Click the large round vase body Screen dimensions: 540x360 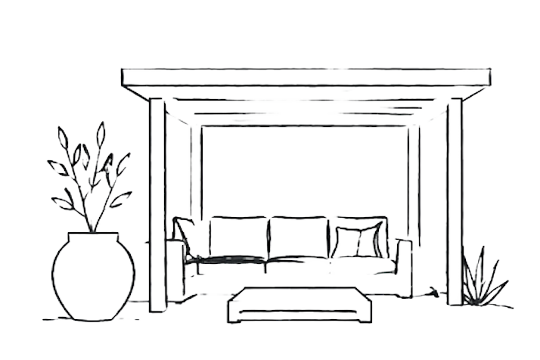92,276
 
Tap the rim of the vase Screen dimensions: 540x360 92,235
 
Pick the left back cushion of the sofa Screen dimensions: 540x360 238,235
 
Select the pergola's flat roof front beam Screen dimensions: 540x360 305,77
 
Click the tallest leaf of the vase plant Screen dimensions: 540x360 100,135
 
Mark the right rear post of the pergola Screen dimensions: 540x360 414,182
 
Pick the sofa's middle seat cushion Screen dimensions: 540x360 296,264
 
